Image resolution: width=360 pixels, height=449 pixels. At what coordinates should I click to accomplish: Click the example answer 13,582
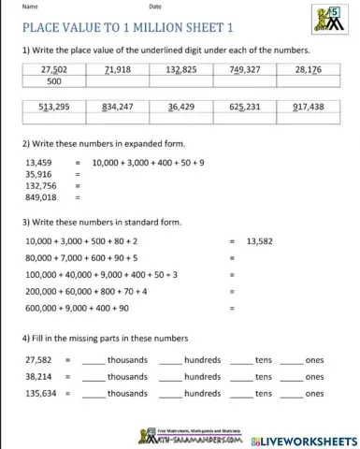pyautogui.click(x=263, y=240)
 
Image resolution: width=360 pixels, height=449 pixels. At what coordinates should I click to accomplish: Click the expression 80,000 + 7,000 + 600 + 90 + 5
pyautogui.click(x=82, y=257)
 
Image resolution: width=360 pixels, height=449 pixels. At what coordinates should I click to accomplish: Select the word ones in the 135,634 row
pyautogui.click(x=315, y=393)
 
